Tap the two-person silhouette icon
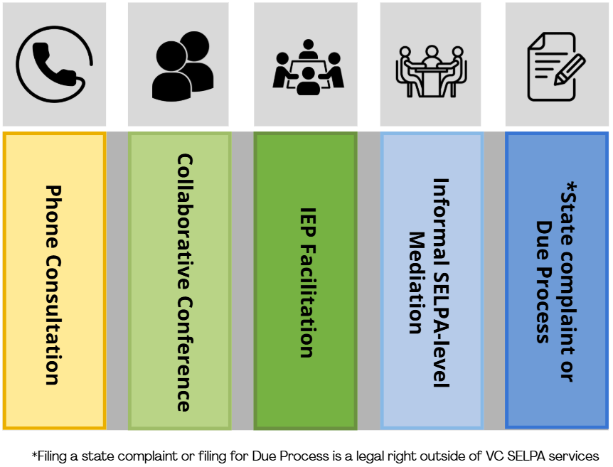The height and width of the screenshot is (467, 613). pyautogui.click(x=182, y=66)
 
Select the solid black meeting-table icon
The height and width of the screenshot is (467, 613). pyautogui.click(x=308, y=67)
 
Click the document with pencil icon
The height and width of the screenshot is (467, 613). pyautogui.click(x=555, y=66)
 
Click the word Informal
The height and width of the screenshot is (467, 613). pyautogui.click(x=441, y=207)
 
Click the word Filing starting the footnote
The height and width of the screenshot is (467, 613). pyautogui.click(x=50, y=456)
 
